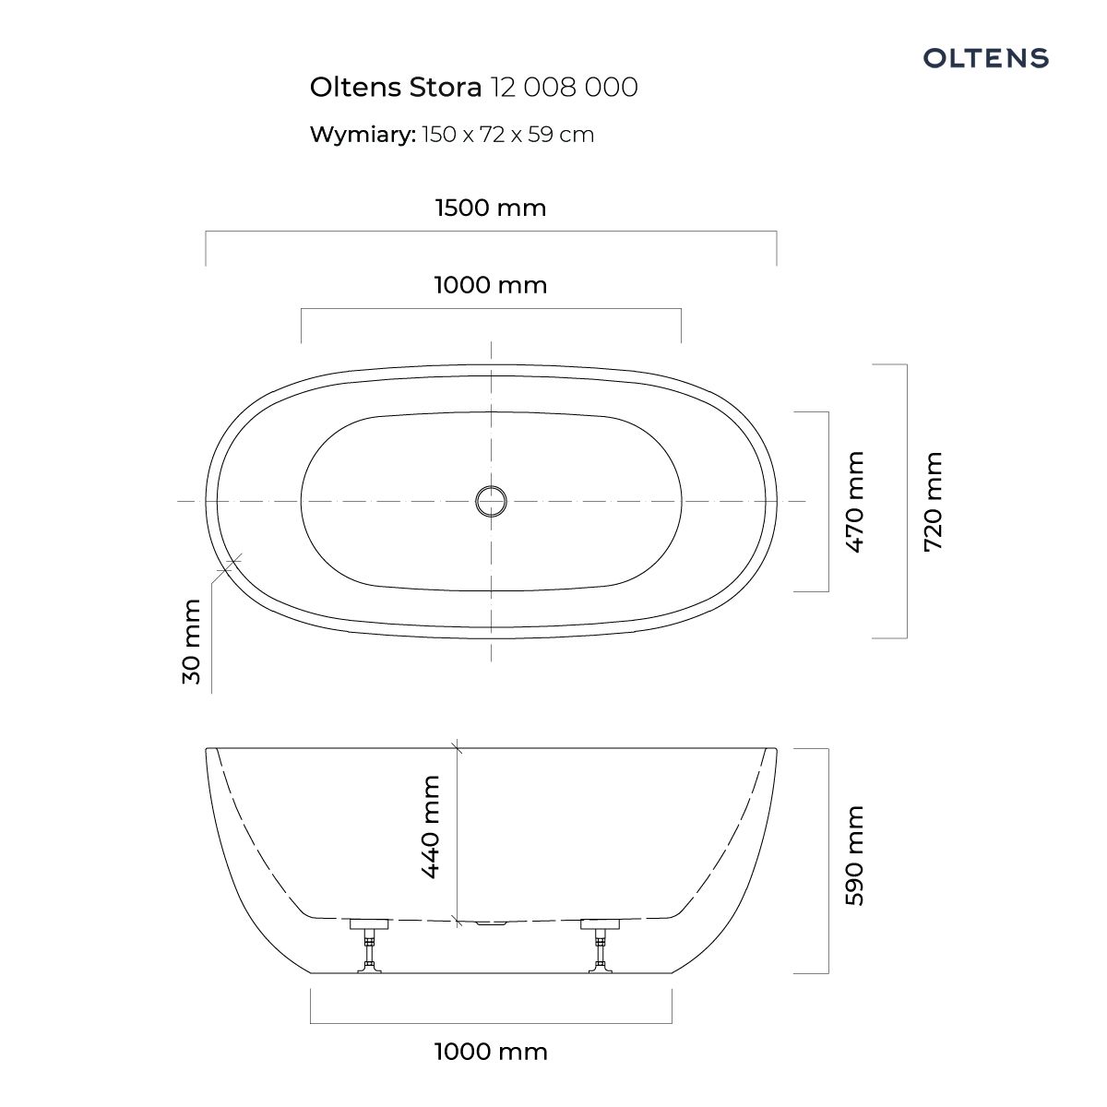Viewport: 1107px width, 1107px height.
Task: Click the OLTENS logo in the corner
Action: click(986, 58)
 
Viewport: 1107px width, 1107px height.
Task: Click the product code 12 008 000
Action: click(564, 88)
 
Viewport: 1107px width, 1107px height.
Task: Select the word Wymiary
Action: click(363, 135)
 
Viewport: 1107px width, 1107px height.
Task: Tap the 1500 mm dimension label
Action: click(491, 208)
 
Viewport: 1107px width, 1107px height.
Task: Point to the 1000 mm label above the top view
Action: click(491, 286)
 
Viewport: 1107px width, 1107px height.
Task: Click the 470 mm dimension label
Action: click(855, 502)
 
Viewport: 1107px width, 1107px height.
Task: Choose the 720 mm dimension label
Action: click(934, 502)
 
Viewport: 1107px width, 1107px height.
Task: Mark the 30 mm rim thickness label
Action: click(192, 641)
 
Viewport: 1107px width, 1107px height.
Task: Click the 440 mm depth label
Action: click(429, 827)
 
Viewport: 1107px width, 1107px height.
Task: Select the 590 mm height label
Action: click(855, 856)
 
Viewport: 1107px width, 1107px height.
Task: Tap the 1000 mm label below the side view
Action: click(491, 1052)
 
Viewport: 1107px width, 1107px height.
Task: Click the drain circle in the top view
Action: click(491, 501)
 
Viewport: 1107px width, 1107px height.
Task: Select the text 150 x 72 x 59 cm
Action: click(507, 135)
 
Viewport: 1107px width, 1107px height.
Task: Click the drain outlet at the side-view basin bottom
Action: click(491, 923)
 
